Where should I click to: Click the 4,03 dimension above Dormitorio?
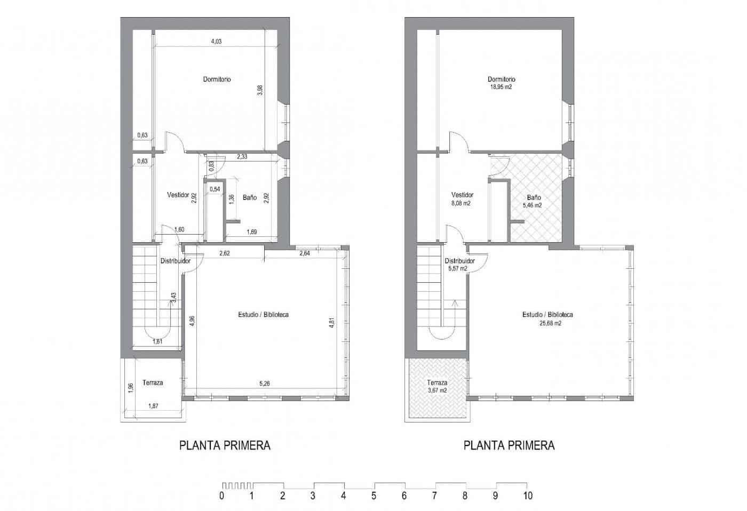click(x=216, y=42)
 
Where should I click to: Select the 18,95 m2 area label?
click(x=501, y=87)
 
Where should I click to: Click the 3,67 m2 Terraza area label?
click(x=437, y=390)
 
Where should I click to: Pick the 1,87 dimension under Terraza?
click(x=153, y=406)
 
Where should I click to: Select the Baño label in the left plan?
click(x=249, y=197)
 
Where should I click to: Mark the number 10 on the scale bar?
click(x=528, y=496)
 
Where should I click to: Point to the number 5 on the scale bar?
click(x=374, y=496)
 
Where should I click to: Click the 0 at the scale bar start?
click(x=221, y=496)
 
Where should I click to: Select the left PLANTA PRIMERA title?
click(x=225, y=445)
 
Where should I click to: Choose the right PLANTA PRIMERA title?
click(x=509, y=445)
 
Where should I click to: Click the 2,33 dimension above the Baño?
click(x=242, y=157)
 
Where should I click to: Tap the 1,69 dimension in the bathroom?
click(x=252, y=231)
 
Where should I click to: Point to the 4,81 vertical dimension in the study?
click(x=331, y=322)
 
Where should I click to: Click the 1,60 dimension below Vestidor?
click(x=179, y=230)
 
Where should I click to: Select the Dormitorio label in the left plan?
click(x=217, y=79)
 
